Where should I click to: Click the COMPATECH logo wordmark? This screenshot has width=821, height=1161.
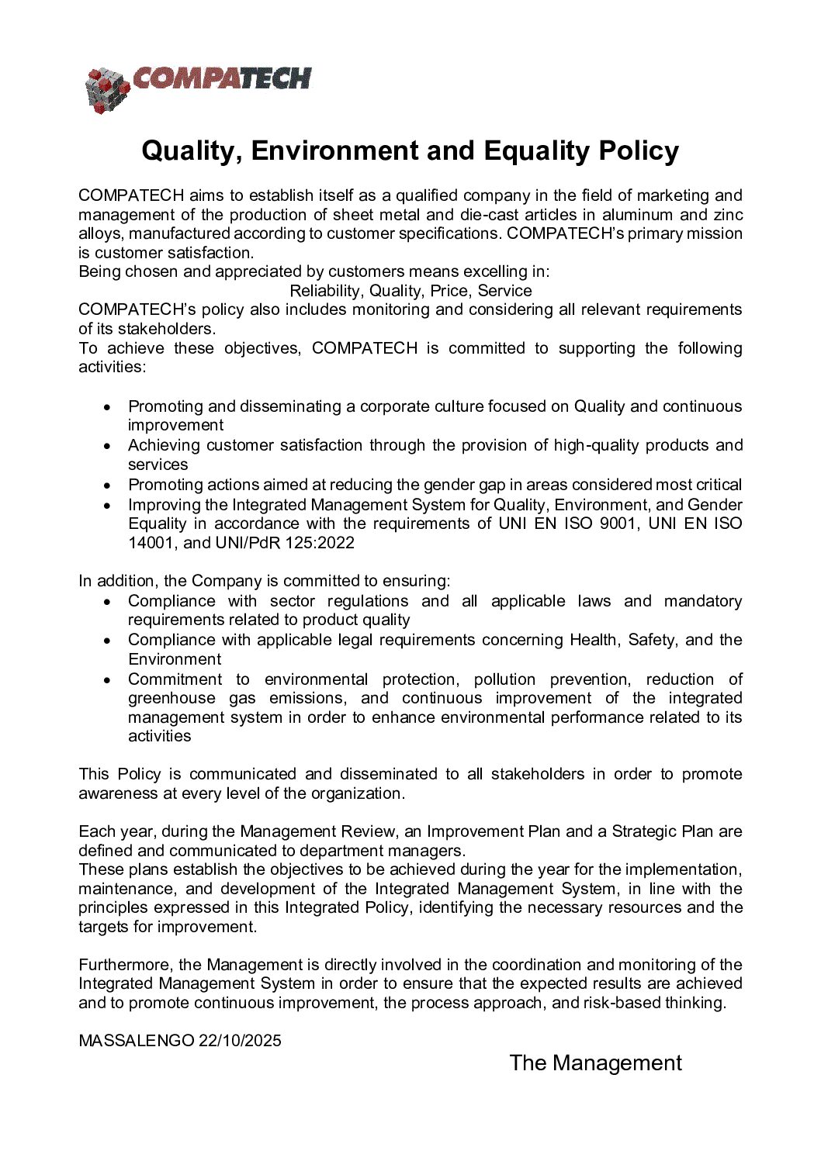point(222,78)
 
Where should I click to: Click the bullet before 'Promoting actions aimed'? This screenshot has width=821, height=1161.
point(108,485)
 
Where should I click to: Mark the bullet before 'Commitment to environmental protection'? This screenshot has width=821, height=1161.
point(108,680)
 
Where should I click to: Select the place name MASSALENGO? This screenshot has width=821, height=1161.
point(136,1041)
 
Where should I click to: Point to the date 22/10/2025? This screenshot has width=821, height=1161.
point(240,1041)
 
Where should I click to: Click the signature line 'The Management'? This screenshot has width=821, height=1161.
point(595,1063)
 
